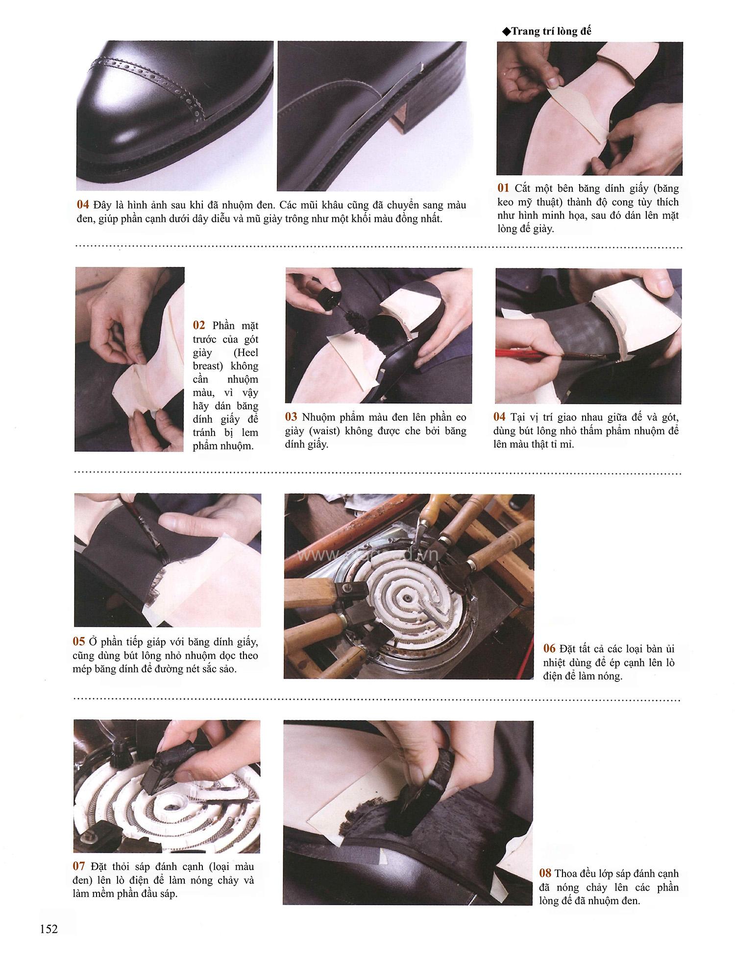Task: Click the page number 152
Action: pyautogui.click(x=49, y=928)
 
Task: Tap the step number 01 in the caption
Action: pyautogui.click(x=504, y=188)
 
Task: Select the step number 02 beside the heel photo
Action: pyautogui.click(x=199, y=326)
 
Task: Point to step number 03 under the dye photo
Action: pyautogui.click(x=292, y=417)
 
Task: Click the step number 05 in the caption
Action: pyautogui.click(x=79, y=641)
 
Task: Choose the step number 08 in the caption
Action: pyautogui.click(x=545, y=873)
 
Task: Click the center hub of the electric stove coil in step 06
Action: pyautogui.click(x=406, y=598)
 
